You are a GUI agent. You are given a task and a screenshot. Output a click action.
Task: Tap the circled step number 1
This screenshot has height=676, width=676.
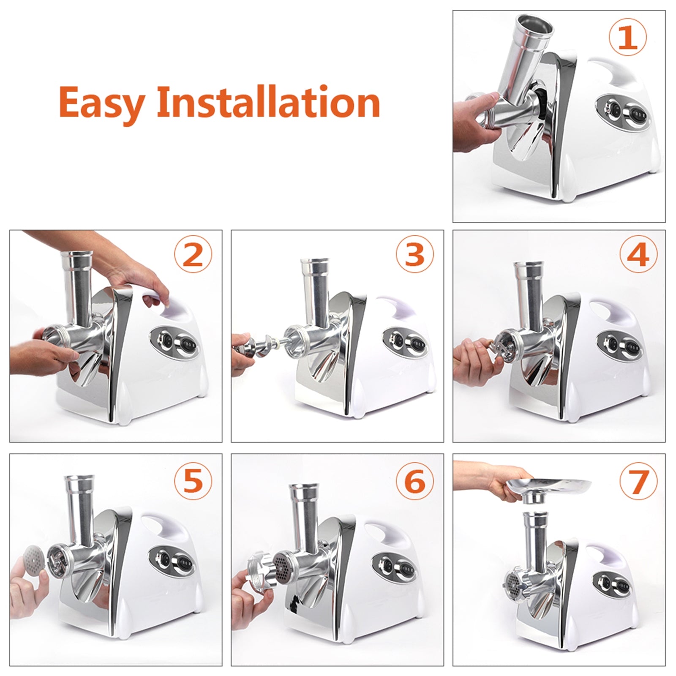pos(628,38)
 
